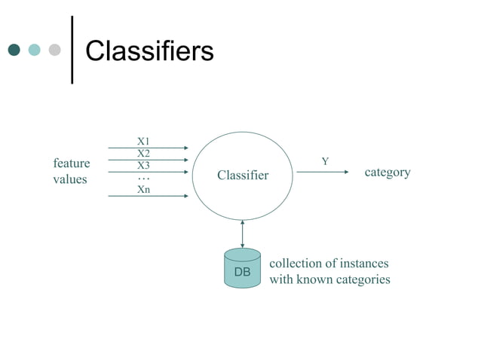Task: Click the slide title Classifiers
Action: click(149, 50)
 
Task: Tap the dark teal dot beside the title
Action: click(14, 50)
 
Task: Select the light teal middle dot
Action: click(34, 50)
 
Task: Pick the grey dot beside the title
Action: click(54, 50)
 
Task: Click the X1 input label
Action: click(143, 141)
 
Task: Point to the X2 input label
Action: click(143, 154)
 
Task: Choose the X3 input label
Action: click(143, 166)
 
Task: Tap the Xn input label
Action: click(143, 190)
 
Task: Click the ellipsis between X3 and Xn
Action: click(143, 178)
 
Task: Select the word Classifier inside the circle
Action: click(243, 175)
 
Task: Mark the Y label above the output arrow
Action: click(325, 161)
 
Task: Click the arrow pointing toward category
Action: click(323, 172)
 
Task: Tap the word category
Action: click(388, 172)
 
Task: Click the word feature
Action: click(72, 163)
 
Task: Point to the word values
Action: click(70, 180)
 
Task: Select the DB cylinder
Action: click(242, 269)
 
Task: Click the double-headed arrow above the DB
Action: click(242, 233)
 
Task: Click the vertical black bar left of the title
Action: click(72, 49)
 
